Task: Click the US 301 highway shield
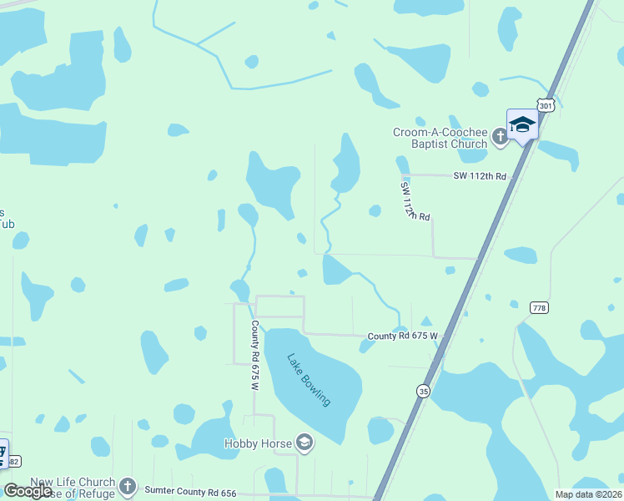(545, 106)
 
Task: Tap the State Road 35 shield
(424, 391)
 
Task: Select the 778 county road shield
(539, 308)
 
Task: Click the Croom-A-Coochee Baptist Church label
(440, 138)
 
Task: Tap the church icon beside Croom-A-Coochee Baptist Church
(500, 136)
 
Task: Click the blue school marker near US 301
(522, 125)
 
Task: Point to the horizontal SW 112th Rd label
(480, 176)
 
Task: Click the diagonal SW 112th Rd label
(414, 201)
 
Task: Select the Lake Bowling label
(309, 380)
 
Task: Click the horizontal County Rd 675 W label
(402, 336)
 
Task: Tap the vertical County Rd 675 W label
(254, 356)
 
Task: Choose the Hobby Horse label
(258, 443)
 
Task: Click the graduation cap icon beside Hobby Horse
(304, 443)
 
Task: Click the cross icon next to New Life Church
(127, 485)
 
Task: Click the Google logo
(28, 491)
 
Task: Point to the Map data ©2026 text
(588, 494)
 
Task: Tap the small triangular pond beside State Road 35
(425, 321)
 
